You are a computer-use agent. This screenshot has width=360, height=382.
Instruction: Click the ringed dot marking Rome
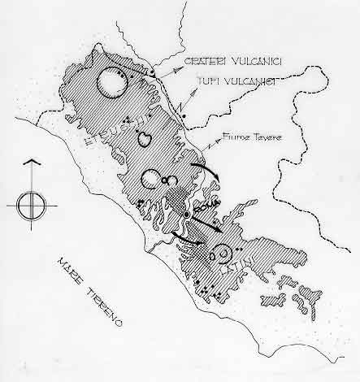click(187, 215)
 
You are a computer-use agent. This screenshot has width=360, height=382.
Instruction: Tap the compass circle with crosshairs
click(29, 202)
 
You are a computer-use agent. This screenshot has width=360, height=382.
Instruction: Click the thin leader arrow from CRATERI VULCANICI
click(167, 70)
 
